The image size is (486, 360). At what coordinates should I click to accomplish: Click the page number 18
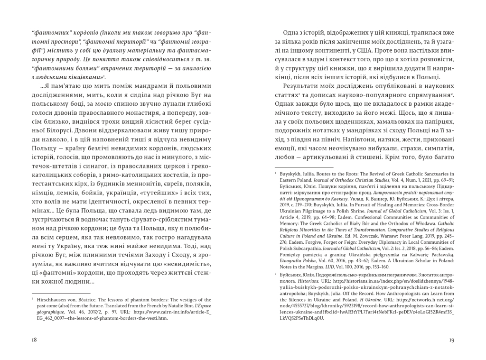pyautogui.click(x=34, y=340)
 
